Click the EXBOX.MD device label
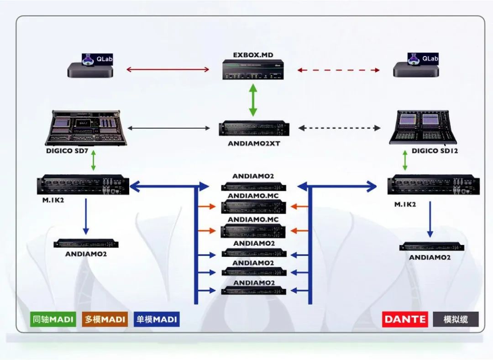point(253,55)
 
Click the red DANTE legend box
point(405,319)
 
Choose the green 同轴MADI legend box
point(53,319)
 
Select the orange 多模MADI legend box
point(105,319)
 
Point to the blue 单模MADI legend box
point(157,319)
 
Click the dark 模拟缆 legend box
point(456,319)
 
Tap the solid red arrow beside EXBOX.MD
point(168,70)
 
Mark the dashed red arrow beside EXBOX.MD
point(338,70)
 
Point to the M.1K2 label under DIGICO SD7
point(51,199)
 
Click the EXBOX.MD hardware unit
point(253,70)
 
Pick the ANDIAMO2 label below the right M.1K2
point(430,257)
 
